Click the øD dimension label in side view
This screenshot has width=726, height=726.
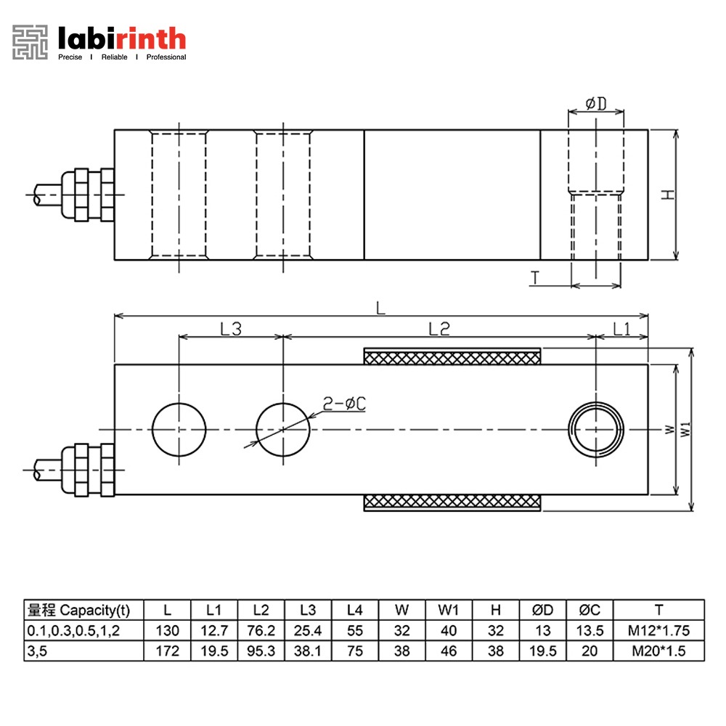(x=596, y=105)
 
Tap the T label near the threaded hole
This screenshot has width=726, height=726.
(x=535, y=277)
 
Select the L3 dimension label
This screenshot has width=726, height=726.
(x=230, y=329)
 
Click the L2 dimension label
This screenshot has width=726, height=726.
(x=439, y=329)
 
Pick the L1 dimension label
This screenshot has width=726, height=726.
(x=621, y=329)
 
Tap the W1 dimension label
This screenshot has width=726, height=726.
(x=686, y=431)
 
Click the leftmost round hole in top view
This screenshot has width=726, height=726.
(x=179, y=430)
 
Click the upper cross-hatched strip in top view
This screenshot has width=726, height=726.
(x=452, y=356)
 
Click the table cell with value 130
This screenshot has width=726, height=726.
(x=167, y=630)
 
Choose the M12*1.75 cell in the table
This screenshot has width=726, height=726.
(x=658, y=630)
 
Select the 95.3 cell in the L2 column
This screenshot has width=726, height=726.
(x=261, y=650)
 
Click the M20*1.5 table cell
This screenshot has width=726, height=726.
(x=658, y=650)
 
